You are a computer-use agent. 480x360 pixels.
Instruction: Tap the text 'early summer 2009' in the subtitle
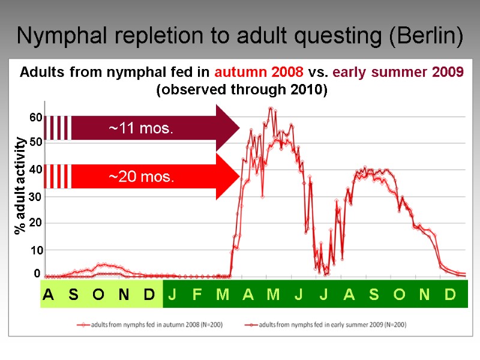point(398,73)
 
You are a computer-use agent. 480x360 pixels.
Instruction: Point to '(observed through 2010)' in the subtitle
point(242,90)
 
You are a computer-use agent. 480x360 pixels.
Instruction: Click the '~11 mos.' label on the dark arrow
point(141,128)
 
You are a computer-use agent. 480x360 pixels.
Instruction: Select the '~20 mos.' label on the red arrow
point(141,176)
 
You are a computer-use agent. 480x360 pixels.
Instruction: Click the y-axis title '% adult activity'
point(21,185)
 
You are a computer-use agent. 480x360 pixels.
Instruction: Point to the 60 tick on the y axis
point(35,118)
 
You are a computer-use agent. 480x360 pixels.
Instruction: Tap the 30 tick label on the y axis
point(35,197)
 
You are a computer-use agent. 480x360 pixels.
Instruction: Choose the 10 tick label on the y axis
point(35,249)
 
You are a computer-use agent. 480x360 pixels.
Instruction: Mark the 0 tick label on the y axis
point(37,274)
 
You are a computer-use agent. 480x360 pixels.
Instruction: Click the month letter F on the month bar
point(197,295)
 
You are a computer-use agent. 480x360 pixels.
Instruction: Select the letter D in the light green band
point(149,295)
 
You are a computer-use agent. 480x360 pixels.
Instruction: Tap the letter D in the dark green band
point(449,295)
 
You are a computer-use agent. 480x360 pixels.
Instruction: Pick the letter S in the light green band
point(73,295)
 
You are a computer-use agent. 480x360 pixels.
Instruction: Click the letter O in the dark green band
point(399,295)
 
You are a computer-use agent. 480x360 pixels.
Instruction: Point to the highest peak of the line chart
point(271,109)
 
